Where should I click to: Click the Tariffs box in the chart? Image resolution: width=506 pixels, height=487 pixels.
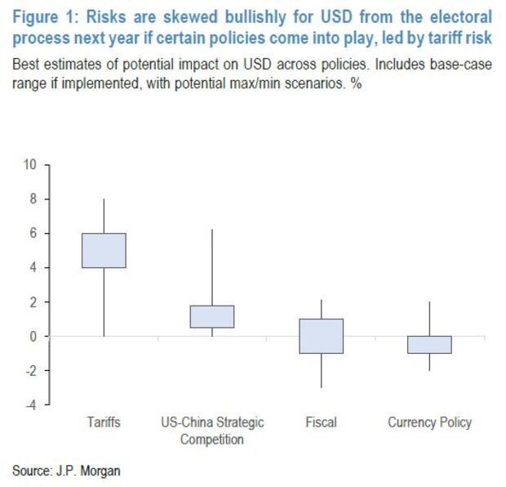tap(104, 250)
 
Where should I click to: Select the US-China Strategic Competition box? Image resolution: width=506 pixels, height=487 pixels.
tap(212, 316)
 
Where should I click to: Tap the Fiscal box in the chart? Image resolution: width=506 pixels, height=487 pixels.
tap(321, 336)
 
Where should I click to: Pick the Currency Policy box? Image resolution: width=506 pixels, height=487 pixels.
tap(429, 344)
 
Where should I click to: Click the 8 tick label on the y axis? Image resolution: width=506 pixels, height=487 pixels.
tap(33, 199)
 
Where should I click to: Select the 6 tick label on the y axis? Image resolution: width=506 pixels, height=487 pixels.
tap(33, 233)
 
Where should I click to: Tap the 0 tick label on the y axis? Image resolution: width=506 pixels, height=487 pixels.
tap(33, 336)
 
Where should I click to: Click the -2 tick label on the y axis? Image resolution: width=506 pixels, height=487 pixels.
tap(31, 370)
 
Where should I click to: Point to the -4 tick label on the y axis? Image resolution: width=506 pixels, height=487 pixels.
tap(31, 404)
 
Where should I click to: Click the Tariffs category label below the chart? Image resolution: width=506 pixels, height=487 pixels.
tap(104, 423)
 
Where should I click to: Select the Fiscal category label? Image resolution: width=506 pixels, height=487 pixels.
tap(321, 423)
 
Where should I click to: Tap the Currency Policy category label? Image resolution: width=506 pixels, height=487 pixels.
tap(429, 423)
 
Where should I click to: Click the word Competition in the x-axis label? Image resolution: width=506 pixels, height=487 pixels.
tap(212, 440)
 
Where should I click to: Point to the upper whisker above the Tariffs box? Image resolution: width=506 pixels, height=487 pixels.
tap(104, 216)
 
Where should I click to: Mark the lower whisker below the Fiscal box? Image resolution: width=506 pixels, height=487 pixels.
tap(321, 370)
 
